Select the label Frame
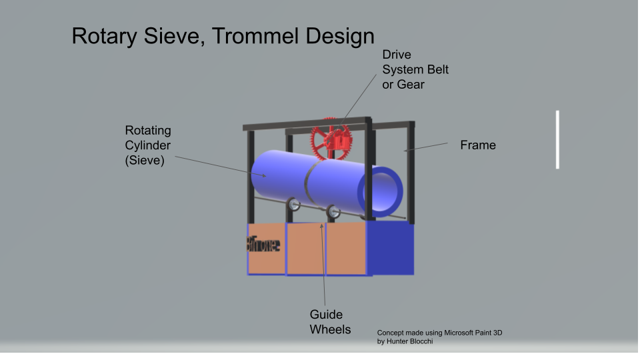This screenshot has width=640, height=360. pyautogui.click(x=478, y=145)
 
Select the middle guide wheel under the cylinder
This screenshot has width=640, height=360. pyautogui.click(x=333, y=211)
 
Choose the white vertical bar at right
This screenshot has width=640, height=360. pyautogui.click(x=557, y=139)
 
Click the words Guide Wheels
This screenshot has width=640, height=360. pyautogui.click(x=330, y=321)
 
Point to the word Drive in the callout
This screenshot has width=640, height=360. pyautogui.click(x=397, y=54)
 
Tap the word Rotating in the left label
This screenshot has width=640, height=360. pyautogui.click(x=148, y=130)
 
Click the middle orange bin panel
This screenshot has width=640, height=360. pyautogui.click(x=306, y=249)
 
